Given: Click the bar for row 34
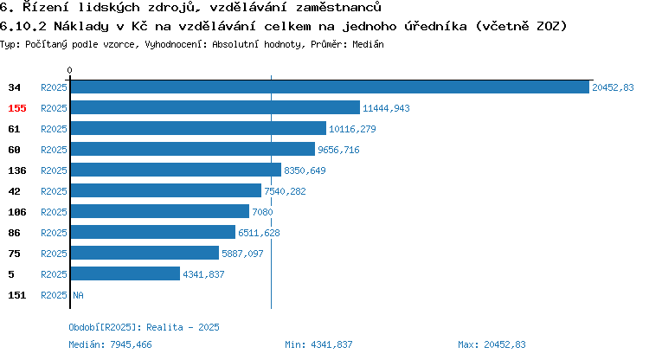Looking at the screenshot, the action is (330, 87).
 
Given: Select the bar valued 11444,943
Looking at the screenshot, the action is (215, 107).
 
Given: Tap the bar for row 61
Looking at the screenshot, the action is (198, 128).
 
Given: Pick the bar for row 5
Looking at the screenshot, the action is (125, 273).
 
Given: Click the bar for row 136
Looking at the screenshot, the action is (176, 170).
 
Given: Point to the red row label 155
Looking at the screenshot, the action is (17, 108).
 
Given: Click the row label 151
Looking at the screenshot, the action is (17, 295).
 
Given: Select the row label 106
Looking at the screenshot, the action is (17, 212).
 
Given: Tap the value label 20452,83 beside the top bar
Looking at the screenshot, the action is (613, 87).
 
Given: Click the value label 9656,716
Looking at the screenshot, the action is (338, 150).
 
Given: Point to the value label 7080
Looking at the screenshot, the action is (262, 212).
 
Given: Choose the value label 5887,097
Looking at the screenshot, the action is (242, 254).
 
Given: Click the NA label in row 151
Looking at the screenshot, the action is (78, 295).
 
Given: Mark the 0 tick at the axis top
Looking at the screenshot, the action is (69, 70).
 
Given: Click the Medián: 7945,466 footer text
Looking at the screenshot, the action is (110, 344).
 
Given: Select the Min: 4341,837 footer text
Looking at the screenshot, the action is (318, 344).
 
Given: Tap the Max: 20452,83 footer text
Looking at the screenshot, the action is (492, 344).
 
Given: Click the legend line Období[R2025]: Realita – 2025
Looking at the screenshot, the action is (144, 327).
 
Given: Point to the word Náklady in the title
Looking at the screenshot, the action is (81, 27).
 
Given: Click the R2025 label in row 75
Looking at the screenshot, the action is (54, 254).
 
